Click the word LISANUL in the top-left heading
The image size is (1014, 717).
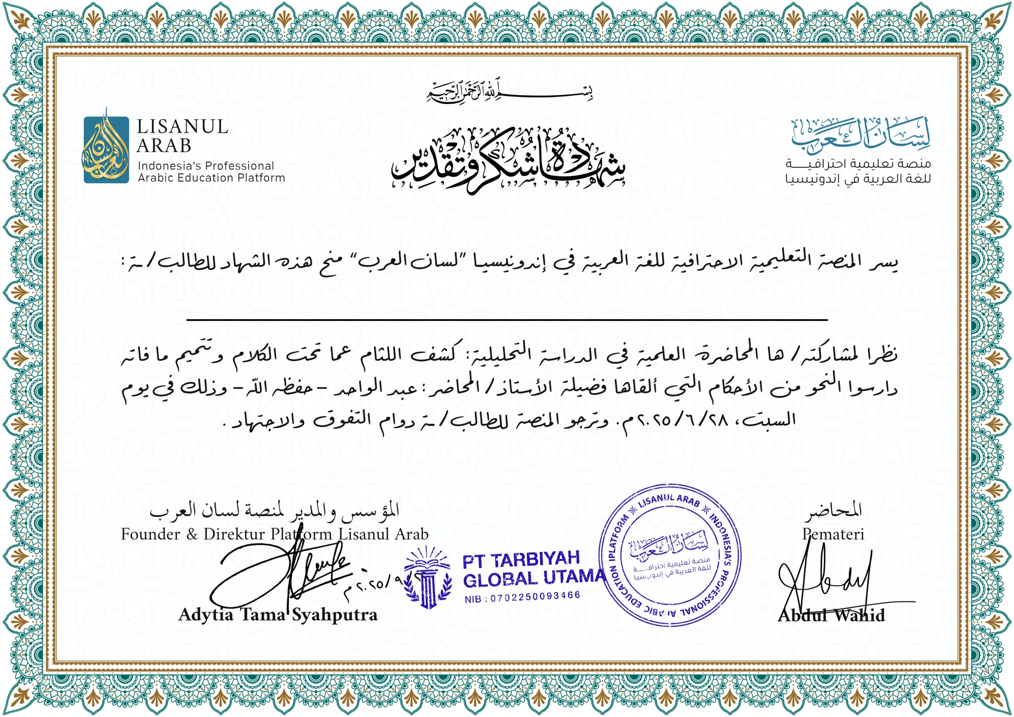tap(182, 127)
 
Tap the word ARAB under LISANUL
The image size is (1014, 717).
tap(164, 146)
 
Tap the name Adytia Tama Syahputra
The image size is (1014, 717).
tap(278, 615)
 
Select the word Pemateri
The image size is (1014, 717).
tap(833, 534)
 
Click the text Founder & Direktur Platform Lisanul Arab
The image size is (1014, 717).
tap(275, 534)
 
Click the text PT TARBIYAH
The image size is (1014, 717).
tap(521, 559)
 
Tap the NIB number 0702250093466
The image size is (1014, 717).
tap(522, 597)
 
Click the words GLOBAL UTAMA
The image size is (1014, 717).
tap(534, 578)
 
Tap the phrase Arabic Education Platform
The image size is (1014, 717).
tap(212, 177)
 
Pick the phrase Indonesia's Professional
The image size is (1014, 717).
tap(206, 166)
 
